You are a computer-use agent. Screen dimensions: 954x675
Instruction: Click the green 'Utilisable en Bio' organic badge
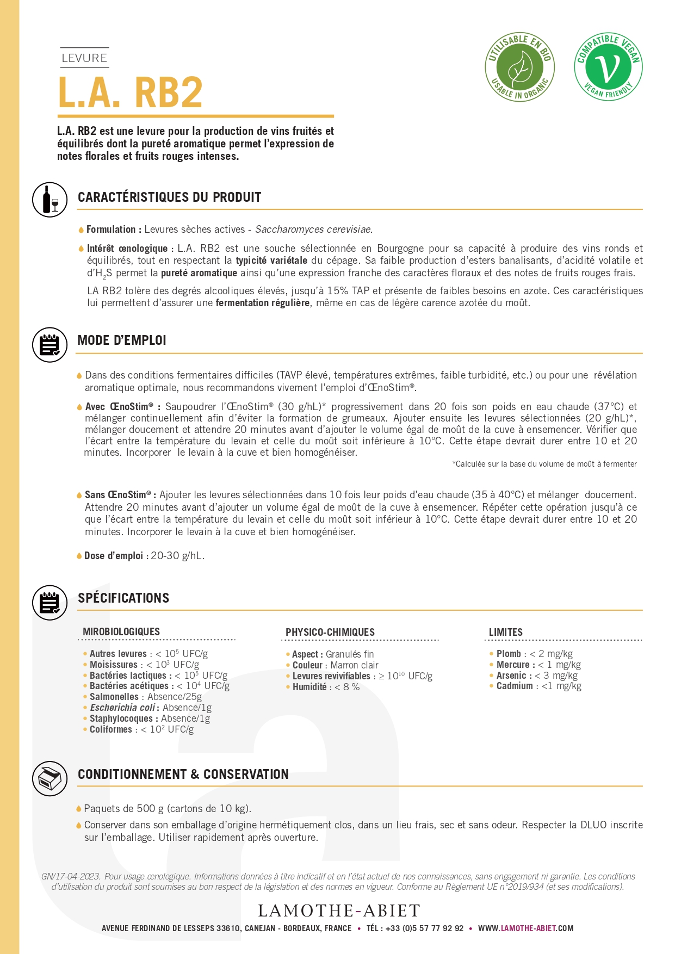point(519,67)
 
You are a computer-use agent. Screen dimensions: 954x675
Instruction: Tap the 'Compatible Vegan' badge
point(608,67)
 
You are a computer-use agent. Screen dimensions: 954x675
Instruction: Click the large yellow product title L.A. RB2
point(131,92)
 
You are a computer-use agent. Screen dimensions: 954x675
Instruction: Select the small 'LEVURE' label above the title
point(84,58)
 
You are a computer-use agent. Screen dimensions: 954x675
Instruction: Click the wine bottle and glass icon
point(49,199)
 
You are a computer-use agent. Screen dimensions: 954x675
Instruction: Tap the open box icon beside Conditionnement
point(49,778)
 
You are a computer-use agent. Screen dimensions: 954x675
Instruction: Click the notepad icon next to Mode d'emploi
point(49,345)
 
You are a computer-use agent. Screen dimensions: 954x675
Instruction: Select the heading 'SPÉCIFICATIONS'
point(123,598)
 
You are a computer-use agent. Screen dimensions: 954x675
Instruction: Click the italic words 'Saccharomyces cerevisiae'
point(314,230)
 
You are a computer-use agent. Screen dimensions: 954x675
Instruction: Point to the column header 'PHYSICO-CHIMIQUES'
point(330,632)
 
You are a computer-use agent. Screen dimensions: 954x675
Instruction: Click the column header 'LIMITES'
point(505,632)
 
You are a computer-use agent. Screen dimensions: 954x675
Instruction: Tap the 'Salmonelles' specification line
point(145,697)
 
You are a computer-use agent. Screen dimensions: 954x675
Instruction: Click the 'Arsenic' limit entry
point(536,676)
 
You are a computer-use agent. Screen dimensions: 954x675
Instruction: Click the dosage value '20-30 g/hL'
point(177,556)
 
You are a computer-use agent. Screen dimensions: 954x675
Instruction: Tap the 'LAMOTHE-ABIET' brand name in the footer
point(339,910)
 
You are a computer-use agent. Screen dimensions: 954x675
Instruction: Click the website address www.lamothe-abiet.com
point(525,928)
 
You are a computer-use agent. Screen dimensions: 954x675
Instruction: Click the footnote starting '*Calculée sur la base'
point(544,464)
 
